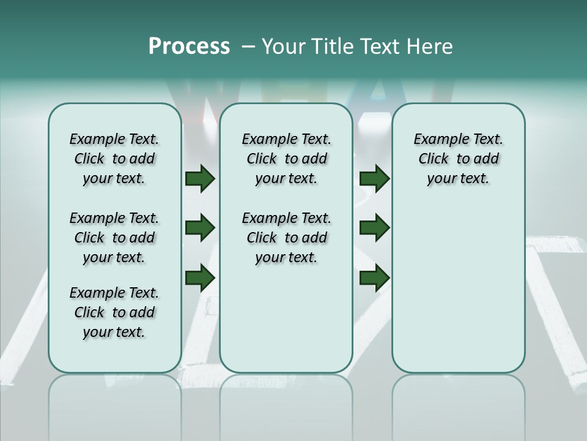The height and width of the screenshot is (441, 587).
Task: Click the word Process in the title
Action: point(189,47)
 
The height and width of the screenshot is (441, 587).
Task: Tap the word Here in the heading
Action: point(427,47)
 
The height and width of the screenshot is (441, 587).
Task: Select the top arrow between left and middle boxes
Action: point(200,179)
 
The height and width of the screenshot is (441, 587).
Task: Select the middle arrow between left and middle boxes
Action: point(200,228)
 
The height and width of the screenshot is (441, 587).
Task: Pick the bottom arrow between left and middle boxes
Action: point(200,278)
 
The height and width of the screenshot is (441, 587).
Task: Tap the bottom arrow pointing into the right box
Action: point(374,278)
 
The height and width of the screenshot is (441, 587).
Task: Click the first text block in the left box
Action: point(114,159)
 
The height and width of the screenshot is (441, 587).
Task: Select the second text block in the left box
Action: point(114,238)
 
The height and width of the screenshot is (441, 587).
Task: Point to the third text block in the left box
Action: point(114,312)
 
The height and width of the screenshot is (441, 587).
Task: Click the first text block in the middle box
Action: point(286,159)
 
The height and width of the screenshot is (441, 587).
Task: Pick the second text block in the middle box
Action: point(286,238)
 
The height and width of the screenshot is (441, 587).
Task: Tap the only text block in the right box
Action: point(458,159)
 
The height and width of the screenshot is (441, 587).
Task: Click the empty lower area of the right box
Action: point(458,288)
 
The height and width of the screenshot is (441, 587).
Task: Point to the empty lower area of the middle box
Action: point(286,318)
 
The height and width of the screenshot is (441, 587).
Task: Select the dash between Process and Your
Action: point(248,47)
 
